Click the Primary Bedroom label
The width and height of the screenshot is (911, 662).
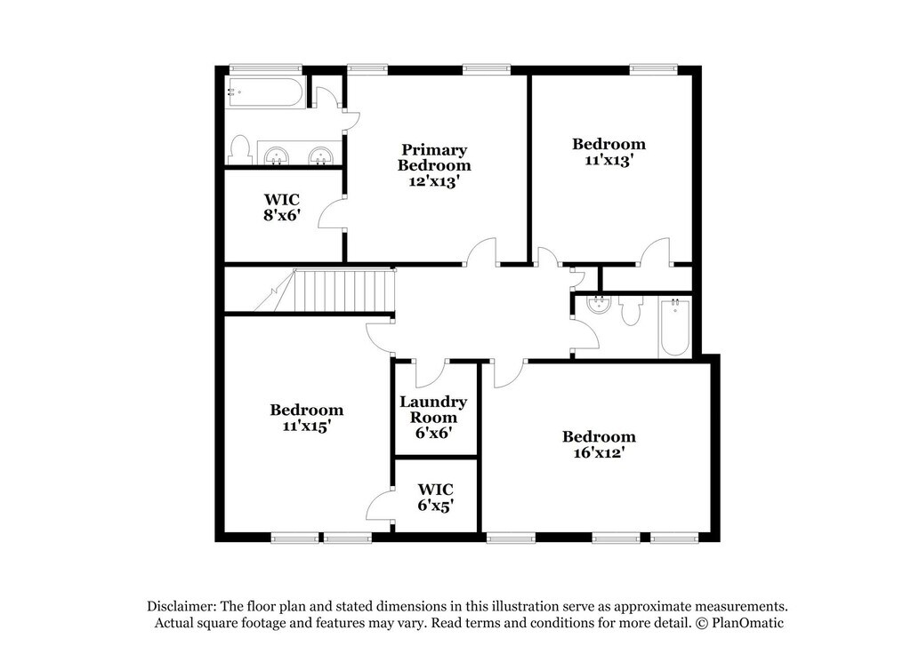[434, 157]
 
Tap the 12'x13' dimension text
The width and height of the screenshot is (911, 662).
[434, 181]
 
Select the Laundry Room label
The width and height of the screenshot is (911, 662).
[433, 409]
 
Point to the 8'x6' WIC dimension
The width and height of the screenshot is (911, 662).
[282, 215]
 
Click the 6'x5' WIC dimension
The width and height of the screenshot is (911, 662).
[435, 506]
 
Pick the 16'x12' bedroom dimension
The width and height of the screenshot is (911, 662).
[599, 452]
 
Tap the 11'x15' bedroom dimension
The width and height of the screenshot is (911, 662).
[306, 427]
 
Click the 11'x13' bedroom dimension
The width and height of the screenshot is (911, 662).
[609, 160]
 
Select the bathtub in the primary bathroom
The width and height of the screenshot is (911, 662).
[265, 92]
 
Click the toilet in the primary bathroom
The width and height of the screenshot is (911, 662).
[238, 149]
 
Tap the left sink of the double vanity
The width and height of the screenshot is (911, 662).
[277, 156]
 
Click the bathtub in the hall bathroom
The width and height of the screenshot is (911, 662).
[675, 328]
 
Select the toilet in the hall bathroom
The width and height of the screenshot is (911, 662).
[630, 311]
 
